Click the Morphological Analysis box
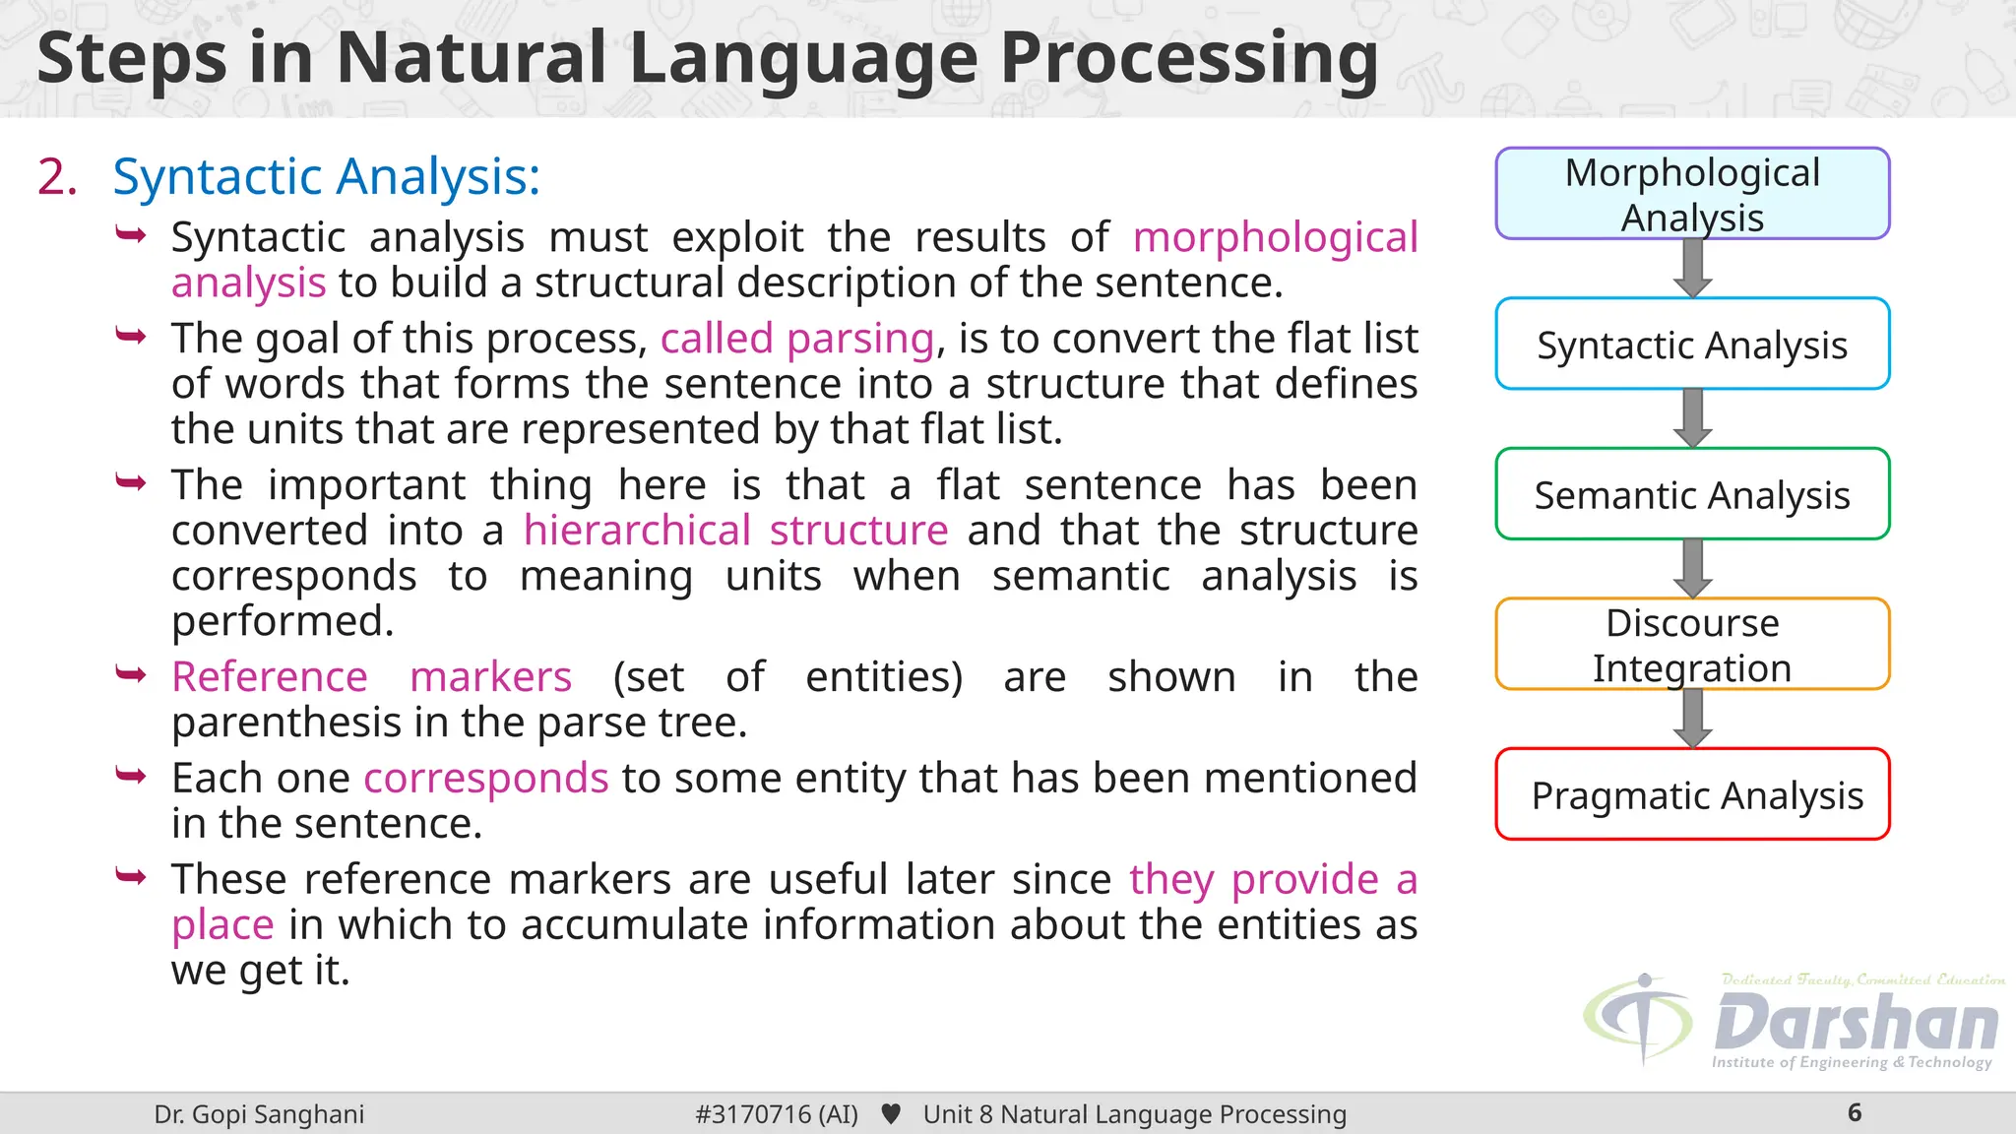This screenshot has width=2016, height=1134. [1692, 194]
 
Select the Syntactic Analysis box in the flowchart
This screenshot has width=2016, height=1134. [1692, 345]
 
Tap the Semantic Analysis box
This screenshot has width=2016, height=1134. [1692, 494]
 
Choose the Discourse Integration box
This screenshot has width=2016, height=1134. [1692, 645]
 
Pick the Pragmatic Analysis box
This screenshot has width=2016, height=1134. [1692, 794]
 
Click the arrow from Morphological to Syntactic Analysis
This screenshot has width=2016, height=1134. [1692, 268]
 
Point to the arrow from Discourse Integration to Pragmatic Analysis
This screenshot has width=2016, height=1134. [1692, 719]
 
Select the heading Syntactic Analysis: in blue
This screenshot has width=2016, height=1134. [326, 177]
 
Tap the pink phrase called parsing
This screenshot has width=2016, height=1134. [796, 339]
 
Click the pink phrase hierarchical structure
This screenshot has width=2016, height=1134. [735, 531]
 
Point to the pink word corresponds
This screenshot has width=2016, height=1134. [486, 778]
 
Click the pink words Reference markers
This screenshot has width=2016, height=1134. [371, 677]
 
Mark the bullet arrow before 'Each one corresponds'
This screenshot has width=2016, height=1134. [131, 777]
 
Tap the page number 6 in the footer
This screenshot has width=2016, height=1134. [1855, 1113]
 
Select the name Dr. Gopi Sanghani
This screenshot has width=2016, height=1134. [259, 1114]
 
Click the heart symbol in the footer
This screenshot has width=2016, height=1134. [891, 1114]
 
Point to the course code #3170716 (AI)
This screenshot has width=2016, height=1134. [776, 1114]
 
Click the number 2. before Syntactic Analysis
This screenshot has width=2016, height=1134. [57, 177]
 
